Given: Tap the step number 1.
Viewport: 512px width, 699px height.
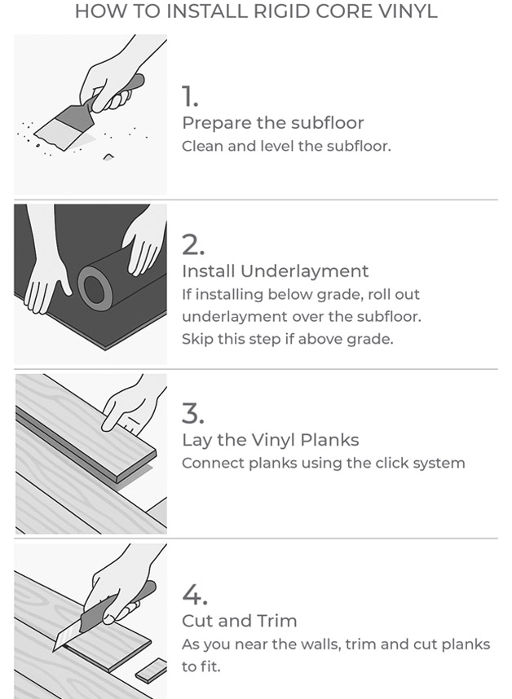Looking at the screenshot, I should pos(190,97).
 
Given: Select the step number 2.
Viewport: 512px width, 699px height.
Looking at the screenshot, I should pos(192,244).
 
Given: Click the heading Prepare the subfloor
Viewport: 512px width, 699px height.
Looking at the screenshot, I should pos(272,123).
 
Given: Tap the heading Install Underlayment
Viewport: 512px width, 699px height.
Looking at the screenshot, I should pos(275,271).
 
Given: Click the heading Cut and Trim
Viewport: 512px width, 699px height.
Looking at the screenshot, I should pos(239,621).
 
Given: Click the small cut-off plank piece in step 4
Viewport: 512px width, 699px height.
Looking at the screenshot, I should pos(150,673).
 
